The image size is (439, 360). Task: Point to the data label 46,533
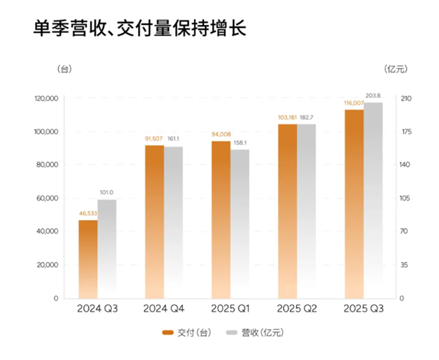coord(88,214)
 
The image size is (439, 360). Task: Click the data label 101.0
coord(107,193)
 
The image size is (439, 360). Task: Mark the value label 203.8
coord(374,97)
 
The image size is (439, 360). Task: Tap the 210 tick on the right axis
coord(408,99)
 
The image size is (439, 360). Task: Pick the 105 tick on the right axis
coord(408,198)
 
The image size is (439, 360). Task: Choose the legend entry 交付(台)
coord(188,332)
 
